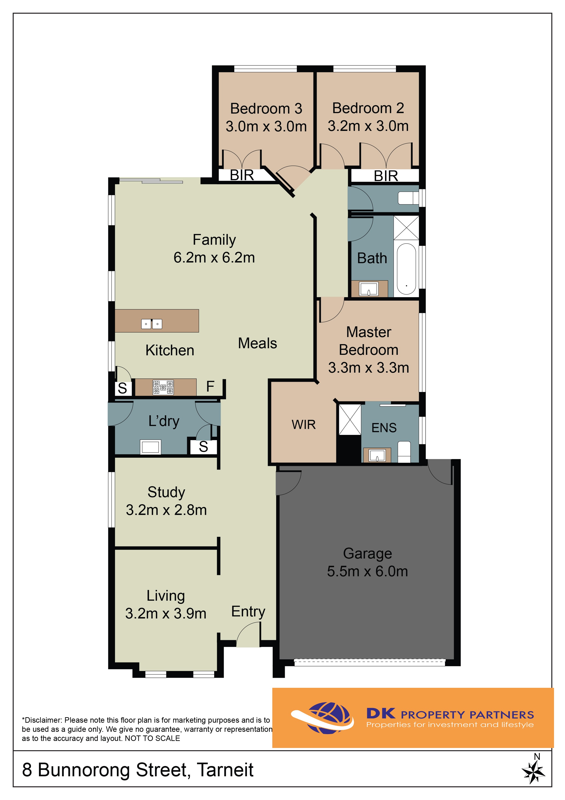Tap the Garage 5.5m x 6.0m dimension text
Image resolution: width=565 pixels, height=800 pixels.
[x=367, y=571]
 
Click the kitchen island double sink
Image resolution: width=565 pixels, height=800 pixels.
[x=152, y=324]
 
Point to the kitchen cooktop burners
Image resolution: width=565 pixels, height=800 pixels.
[x=163, y=387]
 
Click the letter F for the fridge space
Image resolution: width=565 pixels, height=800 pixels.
[x=210, y=386]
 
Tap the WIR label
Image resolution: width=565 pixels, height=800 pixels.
[x=303, y=424]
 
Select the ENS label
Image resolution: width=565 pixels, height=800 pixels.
[x=384, y=428]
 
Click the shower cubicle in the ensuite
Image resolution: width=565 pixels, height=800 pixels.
[x=350, y=420]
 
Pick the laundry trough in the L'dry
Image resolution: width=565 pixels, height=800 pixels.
[x=150, y=447]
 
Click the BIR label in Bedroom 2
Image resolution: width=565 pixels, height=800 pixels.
[x=386, y=176]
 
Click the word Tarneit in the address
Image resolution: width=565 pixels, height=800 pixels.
[x=225, y=770]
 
